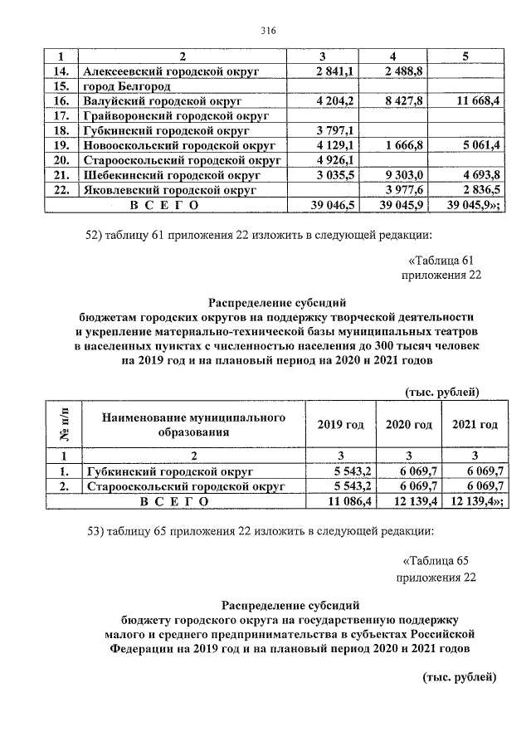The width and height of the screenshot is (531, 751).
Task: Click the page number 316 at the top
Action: (266, 31)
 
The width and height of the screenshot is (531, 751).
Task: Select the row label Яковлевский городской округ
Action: (167, 190)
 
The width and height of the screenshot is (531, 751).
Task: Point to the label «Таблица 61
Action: (445, 261)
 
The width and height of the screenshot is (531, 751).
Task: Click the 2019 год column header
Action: (340, 424)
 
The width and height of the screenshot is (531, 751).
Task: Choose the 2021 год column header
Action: (475, 424)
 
